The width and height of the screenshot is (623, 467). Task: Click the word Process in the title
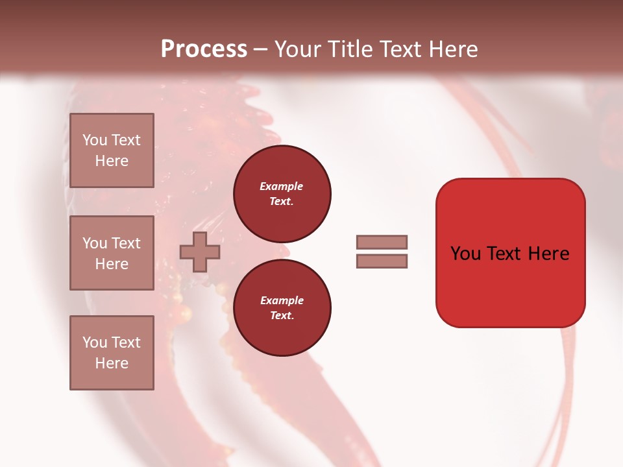204,49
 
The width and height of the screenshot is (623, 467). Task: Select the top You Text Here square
112,150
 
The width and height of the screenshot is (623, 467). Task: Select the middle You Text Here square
112,252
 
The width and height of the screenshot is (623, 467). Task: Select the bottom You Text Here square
112,352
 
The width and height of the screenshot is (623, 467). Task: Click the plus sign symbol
199,252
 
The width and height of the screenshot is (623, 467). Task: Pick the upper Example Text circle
282,194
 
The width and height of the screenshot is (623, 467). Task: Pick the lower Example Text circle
282,308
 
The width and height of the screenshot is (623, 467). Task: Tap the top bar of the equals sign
382,242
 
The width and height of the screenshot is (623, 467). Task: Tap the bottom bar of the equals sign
382,261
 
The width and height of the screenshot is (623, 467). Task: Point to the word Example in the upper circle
282,186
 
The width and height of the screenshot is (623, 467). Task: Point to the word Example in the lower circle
282,300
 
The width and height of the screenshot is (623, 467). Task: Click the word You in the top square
95,140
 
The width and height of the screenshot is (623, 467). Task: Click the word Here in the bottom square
112,363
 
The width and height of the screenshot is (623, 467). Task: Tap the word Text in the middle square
125,243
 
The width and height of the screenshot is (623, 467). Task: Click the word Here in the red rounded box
548,254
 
